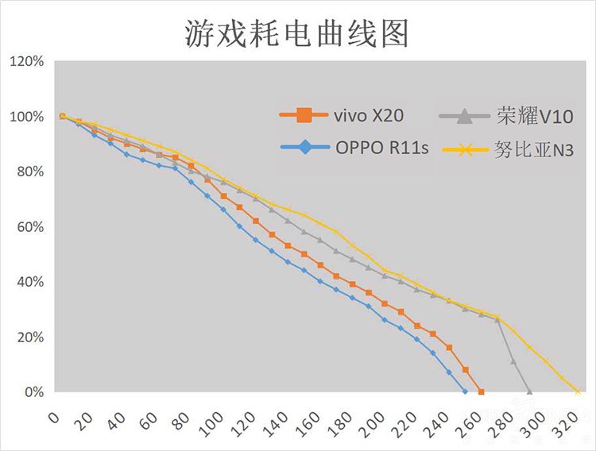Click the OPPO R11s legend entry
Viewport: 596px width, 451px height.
point(354,148)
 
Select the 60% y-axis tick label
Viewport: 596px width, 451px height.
point(29,227)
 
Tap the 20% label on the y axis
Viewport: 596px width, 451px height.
point(29,337)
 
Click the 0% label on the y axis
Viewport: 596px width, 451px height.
point(32,392)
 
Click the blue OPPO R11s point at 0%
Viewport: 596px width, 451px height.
point(465,391)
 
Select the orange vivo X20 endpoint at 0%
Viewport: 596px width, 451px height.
point(481,391)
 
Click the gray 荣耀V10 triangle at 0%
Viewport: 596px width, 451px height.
point(529,391)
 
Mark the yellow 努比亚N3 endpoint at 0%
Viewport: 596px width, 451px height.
point(578,391)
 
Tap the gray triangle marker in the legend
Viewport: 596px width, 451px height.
point(462,116)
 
